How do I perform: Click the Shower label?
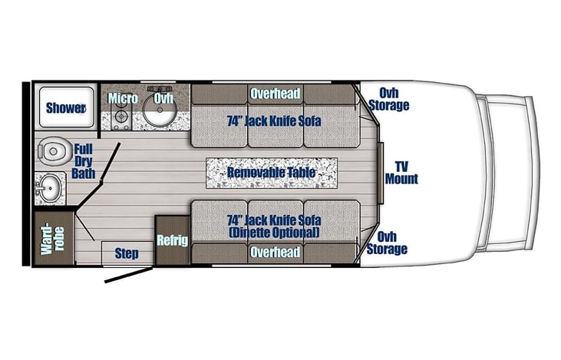[66, 107]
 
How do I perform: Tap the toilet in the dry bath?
[51, 151]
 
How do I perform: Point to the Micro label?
[123, 98]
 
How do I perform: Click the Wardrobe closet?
[54, 239]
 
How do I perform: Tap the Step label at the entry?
[127, 254]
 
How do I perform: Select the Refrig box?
[173, 240]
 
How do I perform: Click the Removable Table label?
[272, 173]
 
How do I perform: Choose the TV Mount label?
[402, 173]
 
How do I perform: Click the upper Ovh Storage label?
[389, 99]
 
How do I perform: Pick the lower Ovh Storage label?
[387, 243]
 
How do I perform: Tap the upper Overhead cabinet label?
[275, 94]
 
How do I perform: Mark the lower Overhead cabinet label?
[275, 252]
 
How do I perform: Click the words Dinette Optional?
[274, 233]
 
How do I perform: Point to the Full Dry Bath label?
[84, 161]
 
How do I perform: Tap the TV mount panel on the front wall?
[381, 173]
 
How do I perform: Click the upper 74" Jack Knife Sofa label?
[274, 121]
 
